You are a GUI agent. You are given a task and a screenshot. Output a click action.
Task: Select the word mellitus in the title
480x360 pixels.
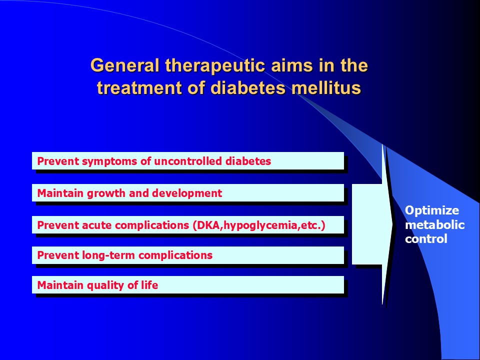click(x=326, y=87)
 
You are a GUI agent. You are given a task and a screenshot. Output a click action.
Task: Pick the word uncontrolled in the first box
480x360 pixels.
click(x=187, y=161)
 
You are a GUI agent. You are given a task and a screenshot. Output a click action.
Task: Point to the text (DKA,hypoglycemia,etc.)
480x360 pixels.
click(x=259, y=225)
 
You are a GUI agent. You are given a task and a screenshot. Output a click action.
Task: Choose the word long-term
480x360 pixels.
click(x=108, y=255)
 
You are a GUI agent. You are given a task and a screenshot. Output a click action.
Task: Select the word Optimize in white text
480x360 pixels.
click(x=431, y=210)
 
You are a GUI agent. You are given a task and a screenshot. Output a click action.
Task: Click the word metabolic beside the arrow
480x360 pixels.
click(x=434, y=225)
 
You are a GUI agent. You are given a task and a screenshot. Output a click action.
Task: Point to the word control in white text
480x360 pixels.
click(x=426, y=239)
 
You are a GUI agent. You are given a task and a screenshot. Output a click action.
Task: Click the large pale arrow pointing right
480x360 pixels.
click(x=372, y=224)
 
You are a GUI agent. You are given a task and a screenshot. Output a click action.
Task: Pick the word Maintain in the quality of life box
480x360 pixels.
click(x=60, y=285)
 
